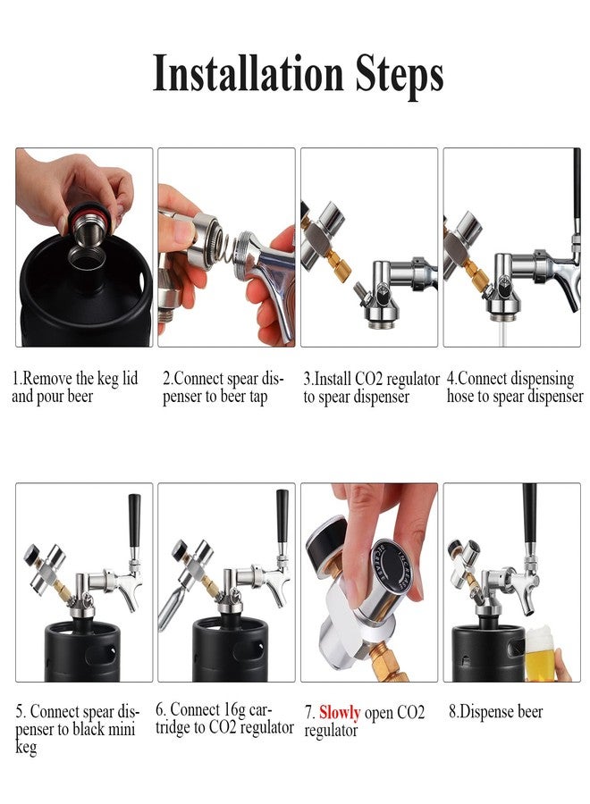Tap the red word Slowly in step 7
340,713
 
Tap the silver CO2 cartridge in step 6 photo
174,607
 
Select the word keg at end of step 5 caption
26,747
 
